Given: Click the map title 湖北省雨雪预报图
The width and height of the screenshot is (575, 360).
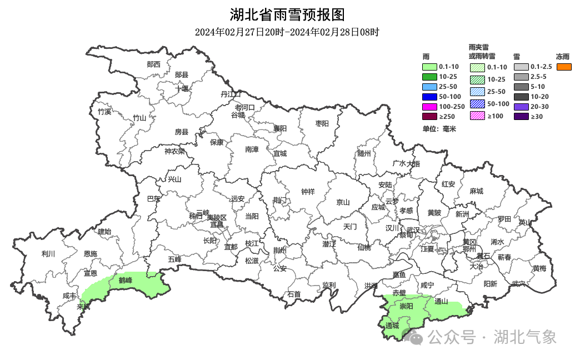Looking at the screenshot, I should tap(287, 14).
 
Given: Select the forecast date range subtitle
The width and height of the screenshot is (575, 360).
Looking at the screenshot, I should tap(287, 32).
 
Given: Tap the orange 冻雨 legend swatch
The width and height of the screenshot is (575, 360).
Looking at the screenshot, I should tap(564, 67).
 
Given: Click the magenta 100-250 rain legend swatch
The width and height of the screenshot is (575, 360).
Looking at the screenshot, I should tap(430, 106).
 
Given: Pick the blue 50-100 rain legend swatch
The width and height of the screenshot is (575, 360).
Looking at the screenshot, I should tap(430, 97).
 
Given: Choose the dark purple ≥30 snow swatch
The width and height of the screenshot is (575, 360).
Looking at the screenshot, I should tap(521, 116).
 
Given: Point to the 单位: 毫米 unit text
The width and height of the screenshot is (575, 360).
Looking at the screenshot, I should tap(439, 129).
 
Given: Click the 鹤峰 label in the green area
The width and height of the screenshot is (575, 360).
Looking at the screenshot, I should tap(126, 280).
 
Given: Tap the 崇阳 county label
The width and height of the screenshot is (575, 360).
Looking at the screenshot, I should tap(406, 306).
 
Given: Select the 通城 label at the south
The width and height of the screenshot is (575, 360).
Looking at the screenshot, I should tap(392, 326).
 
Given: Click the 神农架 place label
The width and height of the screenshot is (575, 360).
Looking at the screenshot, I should tap(174, 151).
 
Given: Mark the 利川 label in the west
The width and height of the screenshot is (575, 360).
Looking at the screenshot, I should tap(48, 254).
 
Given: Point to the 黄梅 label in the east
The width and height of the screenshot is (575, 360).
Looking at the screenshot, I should tap(539, 268).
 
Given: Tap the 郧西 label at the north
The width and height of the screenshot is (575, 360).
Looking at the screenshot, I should tap(153, 64).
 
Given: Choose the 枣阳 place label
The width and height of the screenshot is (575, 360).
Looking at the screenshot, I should tap(322, 123).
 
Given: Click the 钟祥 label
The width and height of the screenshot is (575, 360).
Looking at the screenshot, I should tap(308, 192).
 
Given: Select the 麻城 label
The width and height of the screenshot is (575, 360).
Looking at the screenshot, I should tap(476, 191).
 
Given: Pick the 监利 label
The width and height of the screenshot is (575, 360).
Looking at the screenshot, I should tap(329, 285).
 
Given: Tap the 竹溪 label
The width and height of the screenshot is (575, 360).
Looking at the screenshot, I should tap(104, 112).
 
